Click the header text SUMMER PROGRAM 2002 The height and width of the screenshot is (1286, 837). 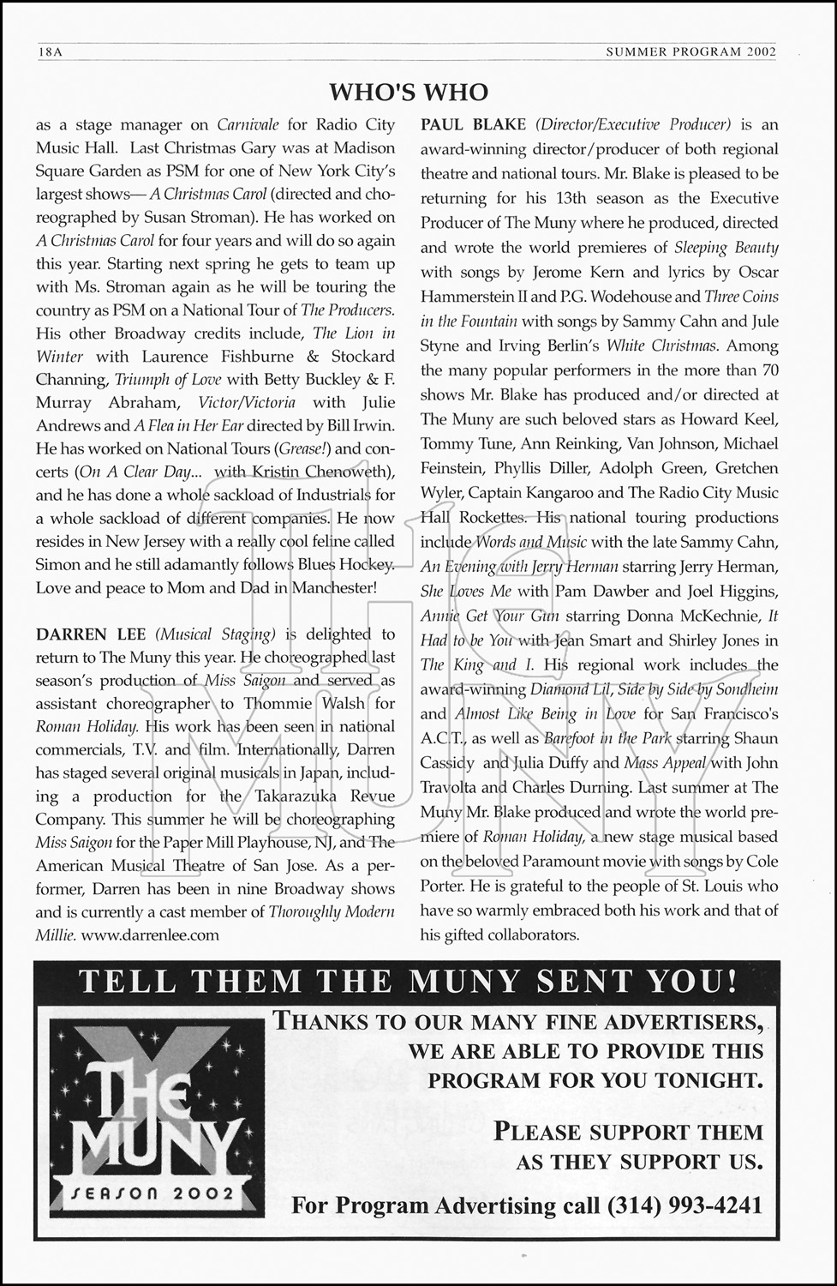[691, 51]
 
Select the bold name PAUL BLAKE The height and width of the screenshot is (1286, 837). [472, 124]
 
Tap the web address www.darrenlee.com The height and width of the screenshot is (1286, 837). [151, 935]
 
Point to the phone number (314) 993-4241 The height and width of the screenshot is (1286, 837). [685, 1205]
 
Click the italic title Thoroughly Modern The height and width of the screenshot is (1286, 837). [332, 912]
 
